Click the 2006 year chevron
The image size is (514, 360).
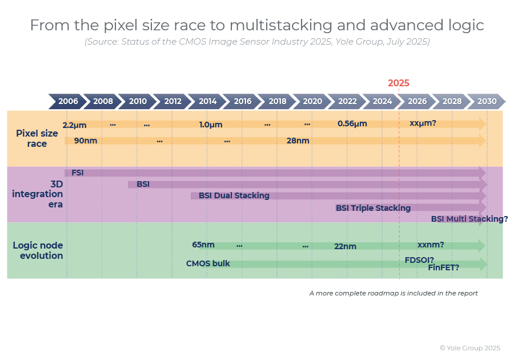[68, 101]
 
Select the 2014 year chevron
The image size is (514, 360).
[208, 101]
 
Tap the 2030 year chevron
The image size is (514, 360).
[487, 101]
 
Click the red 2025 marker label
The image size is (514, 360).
[399, 83]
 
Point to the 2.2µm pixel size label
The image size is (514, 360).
[74, 125]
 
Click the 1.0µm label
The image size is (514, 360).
[211, 125]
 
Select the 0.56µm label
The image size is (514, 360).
[352, 123]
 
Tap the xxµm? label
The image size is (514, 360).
[423, 123]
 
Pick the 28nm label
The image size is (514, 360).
[298, 141]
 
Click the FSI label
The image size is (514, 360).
[78, 173]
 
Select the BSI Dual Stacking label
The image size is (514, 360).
[234, 195]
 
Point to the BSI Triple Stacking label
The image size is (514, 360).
[373, 208]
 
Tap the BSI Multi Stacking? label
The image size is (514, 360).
[469, 219]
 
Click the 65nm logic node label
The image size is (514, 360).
[203, 245]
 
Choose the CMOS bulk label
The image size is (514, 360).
[208, 263]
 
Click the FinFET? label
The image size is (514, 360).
[444, 267]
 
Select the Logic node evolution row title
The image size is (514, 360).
[38, 250]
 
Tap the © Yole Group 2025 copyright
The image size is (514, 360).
[469, 347]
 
